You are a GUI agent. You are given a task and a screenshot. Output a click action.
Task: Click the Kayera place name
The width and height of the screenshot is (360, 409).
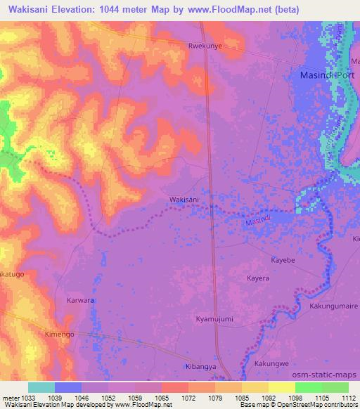[258, 278]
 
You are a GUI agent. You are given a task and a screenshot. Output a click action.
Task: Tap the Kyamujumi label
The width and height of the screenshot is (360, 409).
[214, 319]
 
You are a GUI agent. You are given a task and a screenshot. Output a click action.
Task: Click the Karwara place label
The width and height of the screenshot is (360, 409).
[80, 300]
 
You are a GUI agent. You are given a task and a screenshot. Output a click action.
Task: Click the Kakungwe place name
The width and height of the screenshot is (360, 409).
[271, 363]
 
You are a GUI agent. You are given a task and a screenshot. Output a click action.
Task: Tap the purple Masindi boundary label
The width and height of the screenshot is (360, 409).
[257, 221]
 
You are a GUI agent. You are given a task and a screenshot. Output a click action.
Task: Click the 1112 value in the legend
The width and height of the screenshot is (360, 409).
[349, 397]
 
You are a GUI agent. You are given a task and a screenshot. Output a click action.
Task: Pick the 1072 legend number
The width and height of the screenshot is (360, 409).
[188, 397]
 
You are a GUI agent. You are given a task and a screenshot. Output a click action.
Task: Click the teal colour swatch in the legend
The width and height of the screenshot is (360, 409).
[41, 387]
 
